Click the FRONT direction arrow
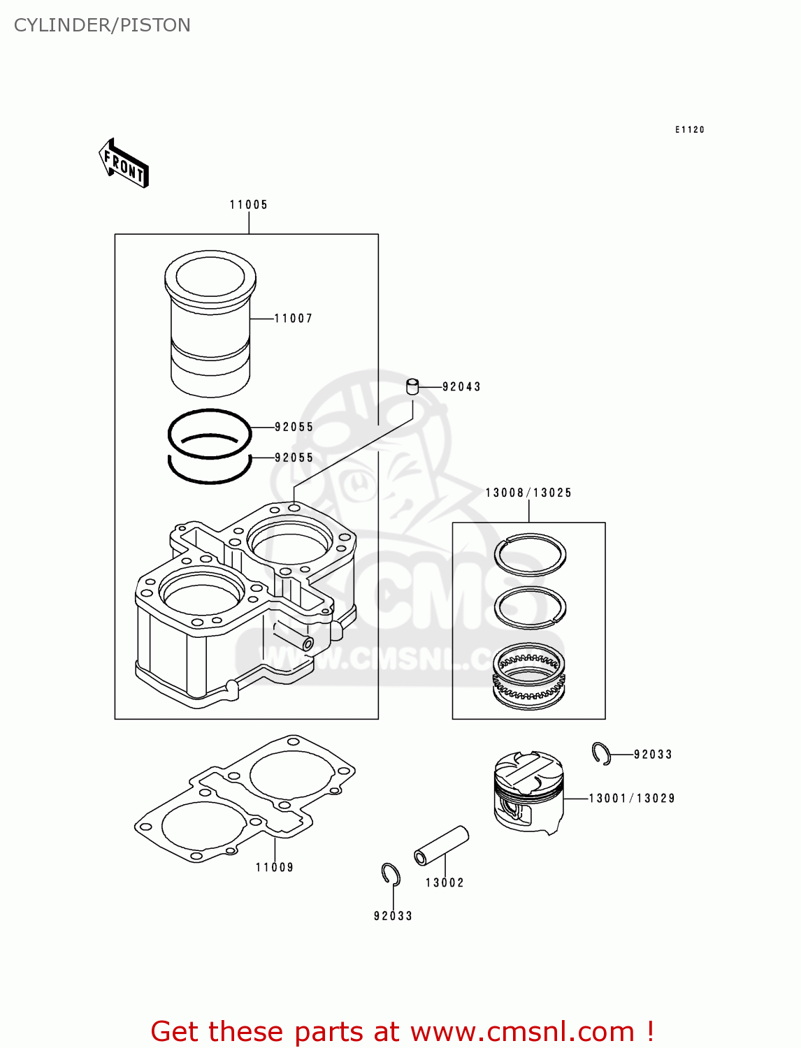(x=124, y=163)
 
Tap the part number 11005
(x=249, y=205)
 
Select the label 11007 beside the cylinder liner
(x=293, y=319)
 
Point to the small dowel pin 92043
(x=413, y=386)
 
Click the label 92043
(x=461, y=387)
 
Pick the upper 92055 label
(x=294, y=427)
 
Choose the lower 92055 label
(x=294, y=458)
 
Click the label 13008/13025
(x=528, y=493)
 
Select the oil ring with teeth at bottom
(x=528, y=674)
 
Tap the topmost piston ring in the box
(x=530, y=554)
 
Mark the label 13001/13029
(x=631, y=799)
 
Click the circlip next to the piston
(x=601, y=753)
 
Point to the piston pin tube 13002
(x=441, y=845)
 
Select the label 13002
(x=445, y=883)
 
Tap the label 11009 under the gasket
(x=275, y=868)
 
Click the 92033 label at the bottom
(x=393, y=916)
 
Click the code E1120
(x=689, y=130)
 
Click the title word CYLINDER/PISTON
(x=102, y=25)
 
